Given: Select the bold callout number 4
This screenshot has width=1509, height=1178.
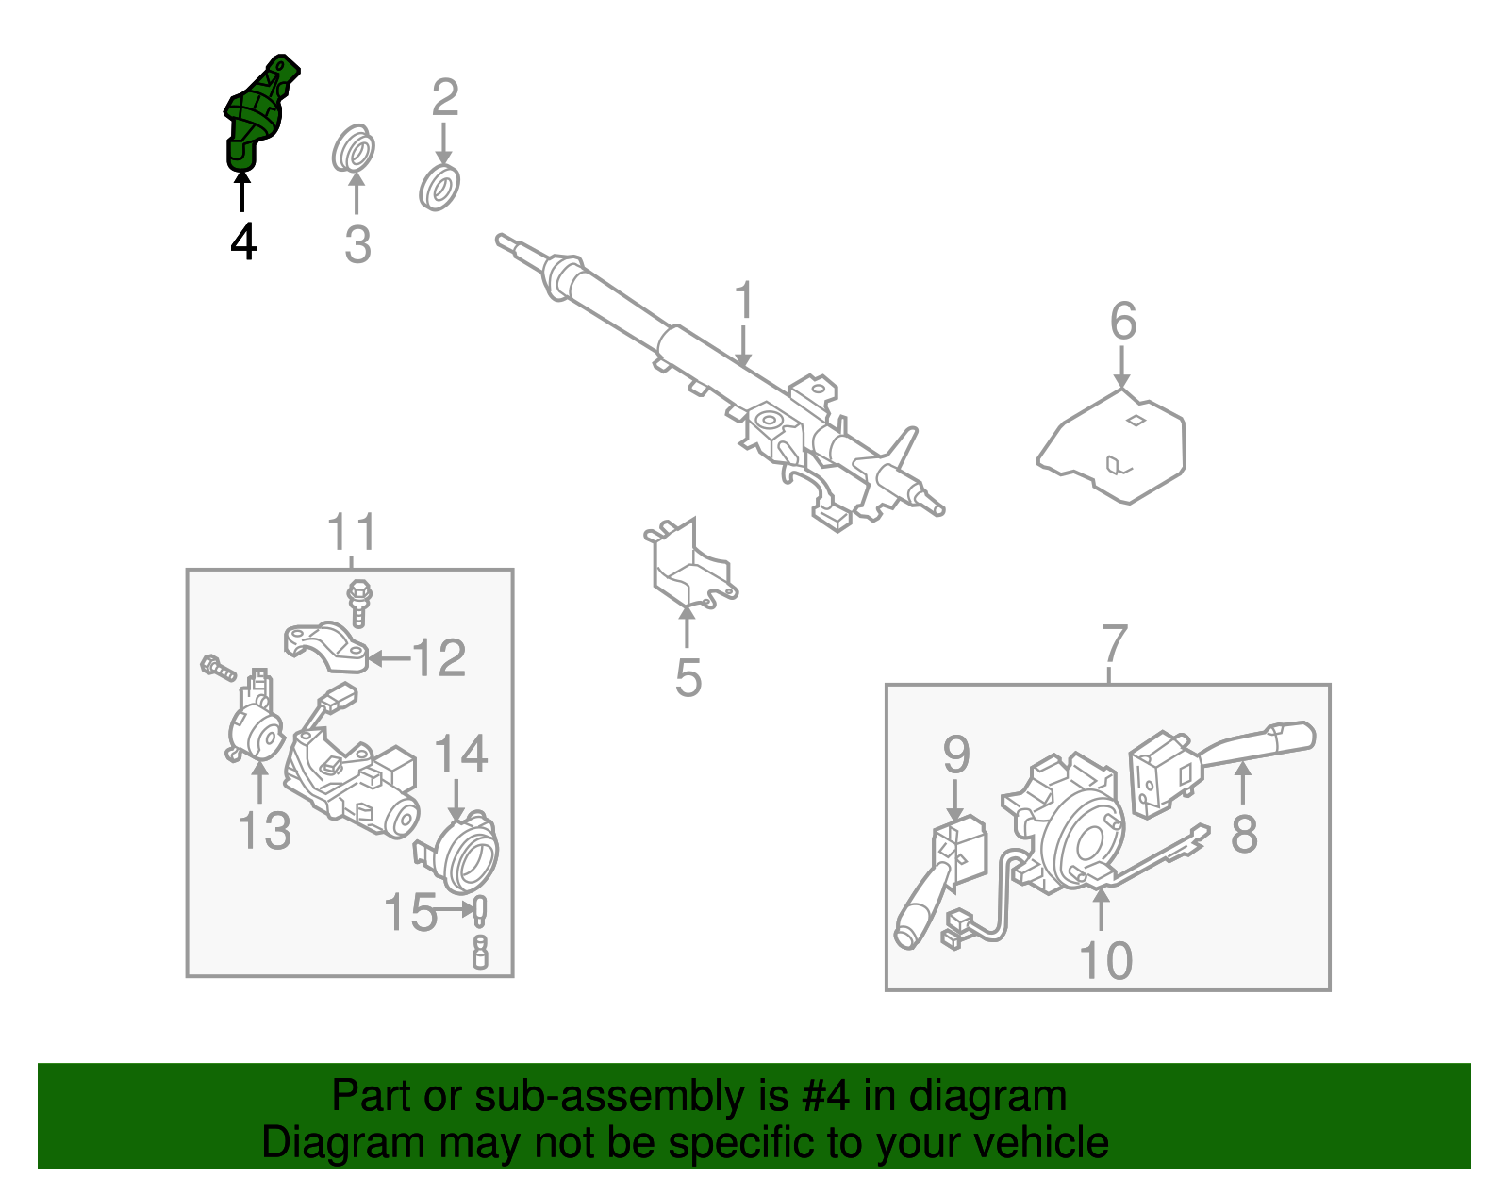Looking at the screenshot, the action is [243, 241].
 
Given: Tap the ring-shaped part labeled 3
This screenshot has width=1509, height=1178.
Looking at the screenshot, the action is [354, 148].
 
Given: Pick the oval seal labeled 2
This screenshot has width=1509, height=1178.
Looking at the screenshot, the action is [439, 188].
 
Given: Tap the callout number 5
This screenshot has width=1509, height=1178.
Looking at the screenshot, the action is [688, 677].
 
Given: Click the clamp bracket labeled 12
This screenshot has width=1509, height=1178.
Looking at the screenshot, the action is [326, 645].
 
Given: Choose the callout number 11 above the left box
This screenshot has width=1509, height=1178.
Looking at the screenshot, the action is [352, 532].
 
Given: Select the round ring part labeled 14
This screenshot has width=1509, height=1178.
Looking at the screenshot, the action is [459, 854].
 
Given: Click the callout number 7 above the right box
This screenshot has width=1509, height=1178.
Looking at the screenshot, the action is [1114, 643].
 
